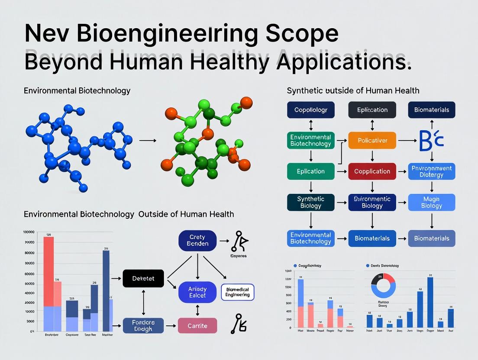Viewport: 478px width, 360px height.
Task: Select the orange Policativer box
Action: (372, 140)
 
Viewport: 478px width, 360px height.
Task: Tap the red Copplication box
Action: (372, 171)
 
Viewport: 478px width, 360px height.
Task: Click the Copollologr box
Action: (310, 110)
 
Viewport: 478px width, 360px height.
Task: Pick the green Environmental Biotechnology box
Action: (310, 140)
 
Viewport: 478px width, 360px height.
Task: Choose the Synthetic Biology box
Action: (310, 202)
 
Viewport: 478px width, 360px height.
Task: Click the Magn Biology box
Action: (431, 202)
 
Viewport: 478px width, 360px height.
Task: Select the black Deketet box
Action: (143, 278)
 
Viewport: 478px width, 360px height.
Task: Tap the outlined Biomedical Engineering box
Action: (237, 292)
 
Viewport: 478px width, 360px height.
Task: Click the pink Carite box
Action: (197, 325)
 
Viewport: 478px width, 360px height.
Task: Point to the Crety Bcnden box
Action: (197, 240)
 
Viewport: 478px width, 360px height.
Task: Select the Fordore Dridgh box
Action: (143, 325)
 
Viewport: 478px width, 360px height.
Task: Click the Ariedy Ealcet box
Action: (197, 292)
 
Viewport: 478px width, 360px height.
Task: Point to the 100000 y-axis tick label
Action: (29, 233)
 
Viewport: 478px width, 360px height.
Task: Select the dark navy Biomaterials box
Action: (431, 110)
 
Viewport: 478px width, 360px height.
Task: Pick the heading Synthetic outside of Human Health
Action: (353, 90)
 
